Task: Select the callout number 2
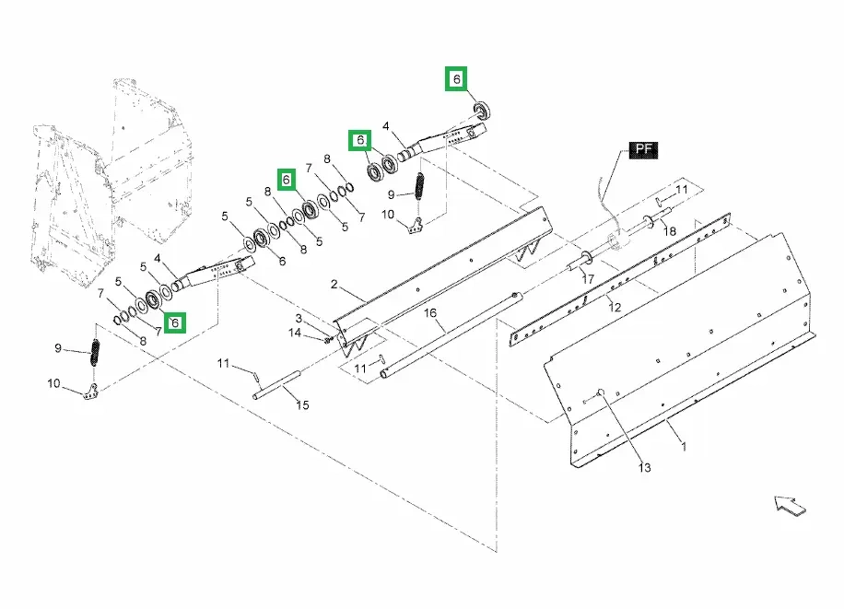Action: click(x=335, y=286)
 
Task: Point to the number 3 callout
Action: click(x=299, y=318)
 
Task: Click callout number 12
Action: click(x=615, y=306)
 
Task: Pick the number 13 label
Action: click(x=644, y=468)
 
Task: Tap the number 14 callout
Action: click(x=295, y=333)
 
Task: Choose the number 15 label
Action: click(x=302, y=405)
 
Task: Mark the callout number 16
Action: click(x=429, y=313)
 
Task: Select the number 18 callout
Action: click(x=670, y=230)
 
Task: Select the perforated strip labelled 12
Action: click(x=617, y=276)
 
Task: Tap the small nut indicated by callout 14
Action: click(x=327, y=338)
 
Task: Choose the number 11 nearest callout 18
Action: click(x=682, y=189)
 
